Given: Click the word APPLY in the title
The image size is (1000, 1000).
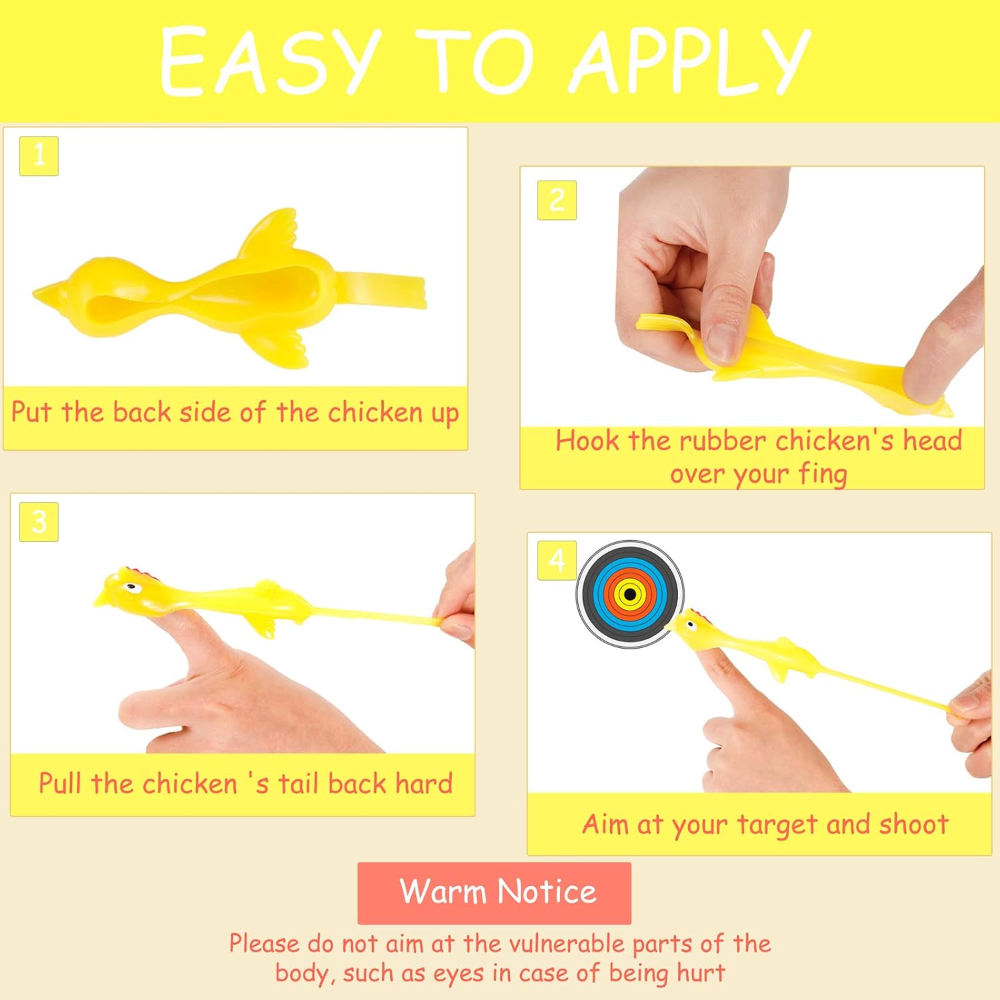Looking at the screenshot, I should [690, 61].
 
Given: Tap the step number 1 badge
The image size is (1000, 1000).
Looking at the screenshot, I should [39, 156].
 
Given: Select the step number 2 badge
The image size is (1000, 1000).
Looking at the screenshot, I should [557, 200].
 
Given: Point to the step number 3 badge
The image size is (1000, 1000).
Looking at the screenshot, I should [39, 521].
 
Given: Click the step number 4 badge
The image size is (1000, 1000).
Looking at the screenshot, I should [557, 561].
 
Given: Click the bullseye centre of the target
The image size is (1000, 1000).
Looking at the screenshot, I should [630, 594].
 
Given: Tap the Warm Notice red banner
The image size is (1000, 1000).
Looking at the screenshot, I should [494, 893].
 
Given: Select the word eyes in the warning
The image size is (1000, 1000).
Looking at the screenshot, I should [459, 973].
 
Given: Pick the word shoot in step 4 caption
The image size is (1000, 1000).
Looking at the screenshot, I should [913, 825].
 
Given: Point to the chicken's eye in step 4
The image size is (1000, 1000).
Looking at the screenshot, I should [692, 625].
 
